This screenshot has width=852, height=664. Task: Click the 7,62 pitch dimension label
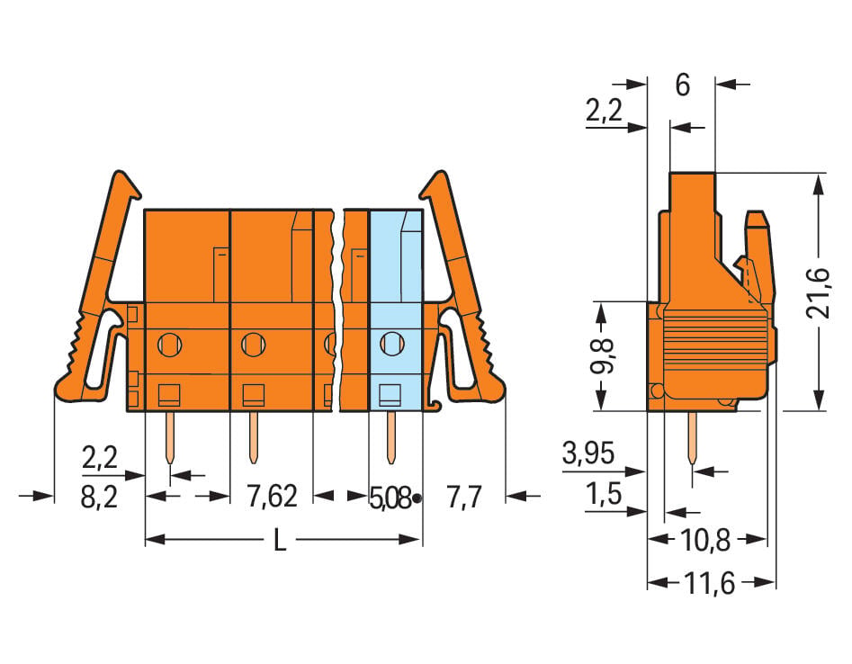point(273,496)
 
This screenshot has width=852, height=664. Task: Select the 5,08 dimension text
point(390,498)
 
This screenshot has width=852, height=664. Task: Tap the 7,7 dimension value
point(463,497)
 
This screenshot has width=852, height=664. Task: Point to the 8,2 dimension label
point(100,497)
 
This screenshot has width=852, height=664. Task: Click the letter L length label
point(279,540)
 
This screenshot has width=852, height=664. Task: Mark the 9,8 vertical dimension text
point(603,355)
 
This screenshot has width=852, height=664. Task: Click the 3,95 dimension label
point(588,453)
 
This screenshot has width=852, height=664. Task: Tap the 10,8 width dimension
point(705,540)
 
